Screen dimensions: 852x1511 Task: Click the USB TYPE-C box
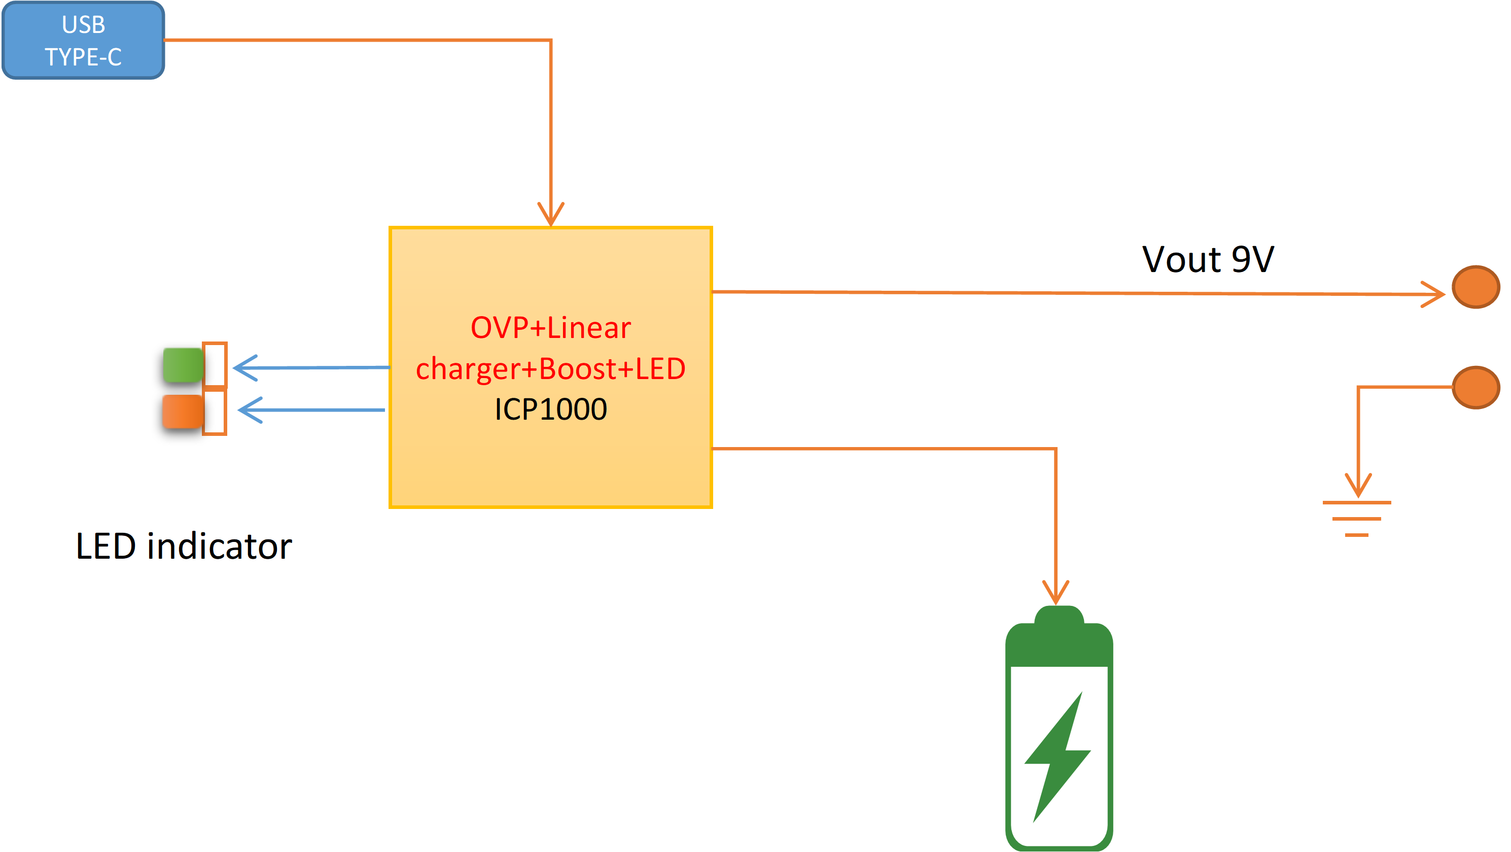point(83,41)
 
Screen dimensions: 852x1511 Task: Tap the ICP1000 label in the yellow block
point(550,409)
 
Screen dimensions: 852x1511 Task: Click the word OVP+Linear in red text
point(550,327)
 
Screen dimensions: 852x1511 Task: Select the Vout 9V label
point(1208,259)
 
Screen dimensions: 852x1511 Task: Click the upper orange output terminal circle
point(1476,287)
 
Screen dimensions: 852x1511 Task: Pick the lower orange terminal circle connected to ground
point(1476,387)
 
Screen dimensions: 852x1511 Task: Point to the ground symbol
point(1356,519)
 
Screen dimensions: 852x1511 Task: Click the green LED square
point(183,365)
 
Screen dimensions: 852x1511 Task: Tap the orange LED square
point(183,412)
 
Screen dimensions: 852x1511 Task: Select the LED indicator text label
point(184,547)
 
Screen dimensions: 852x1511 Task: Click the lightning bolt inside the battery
point(1058,757)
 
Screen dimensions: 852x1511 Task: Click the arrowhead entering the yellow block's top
point(551,215)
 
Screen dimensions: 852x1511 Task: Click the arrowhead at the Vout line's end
point(1435,294)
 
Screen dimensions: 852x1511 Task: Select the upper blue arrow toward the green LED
point(247,368)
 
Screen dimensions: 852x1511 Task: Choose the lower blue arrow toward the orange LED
point(251,410)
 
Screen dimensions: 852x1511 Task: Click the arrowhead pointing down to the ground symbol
point(1358,486)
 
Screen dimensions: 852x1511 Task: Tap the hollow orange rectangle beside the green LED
point(215,364)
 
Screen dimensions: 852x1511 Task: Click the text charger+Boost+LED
point(550,368)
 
